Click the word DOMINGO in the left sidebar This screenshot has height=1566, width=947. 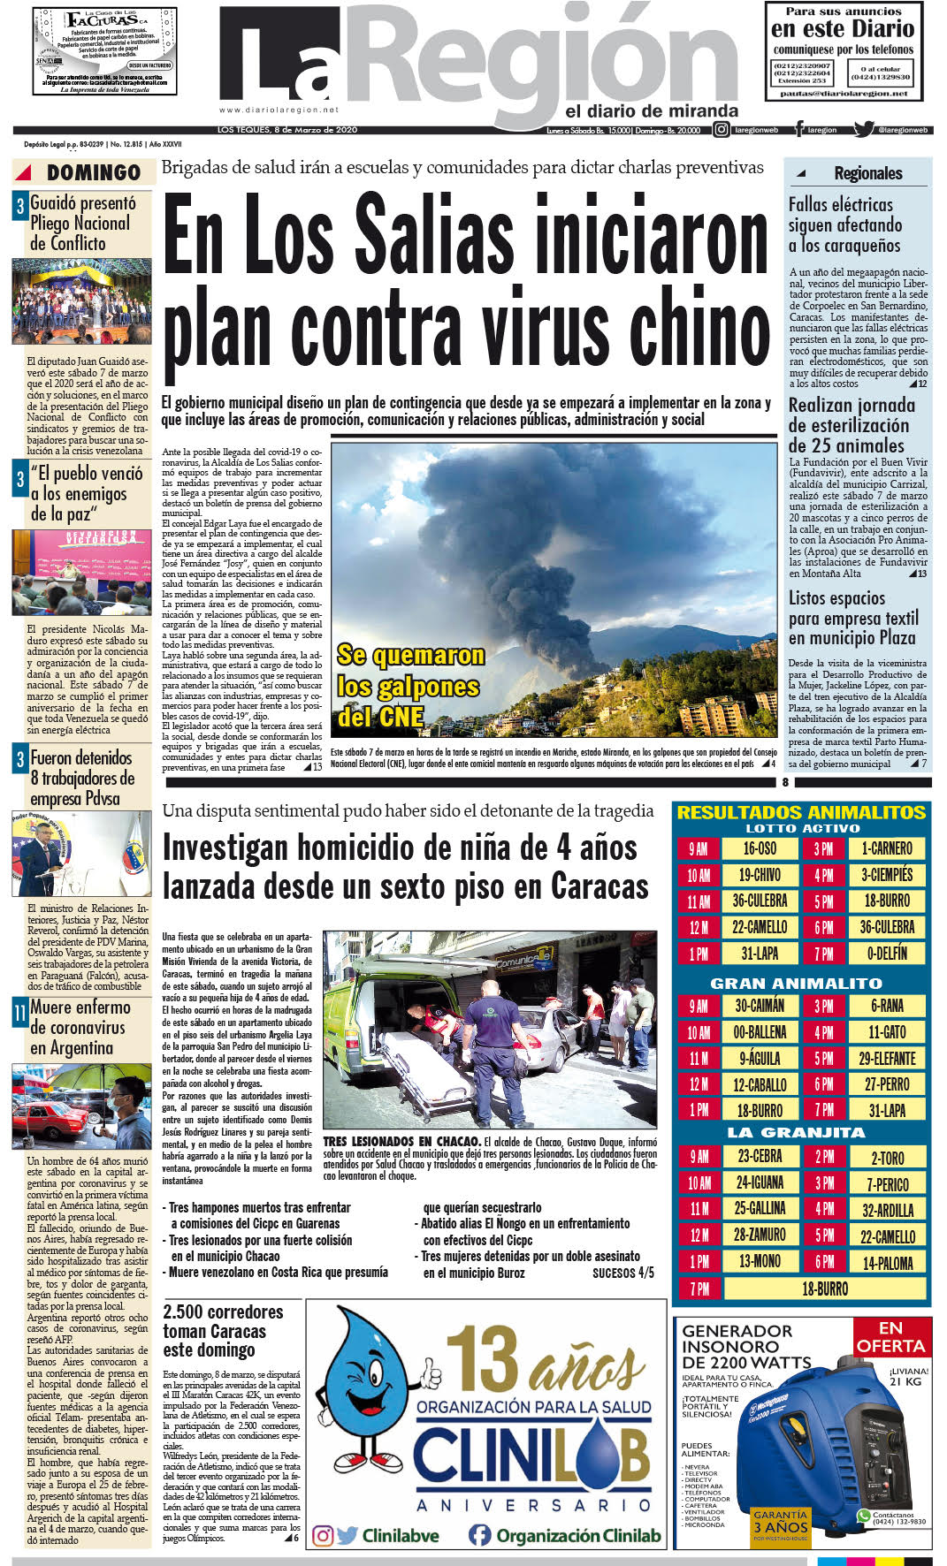point(94,173)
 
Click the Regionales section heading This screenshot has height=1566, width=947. point(867,173)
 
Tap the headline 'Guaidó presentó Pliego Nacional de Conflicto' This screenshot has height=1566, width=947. point(82,224)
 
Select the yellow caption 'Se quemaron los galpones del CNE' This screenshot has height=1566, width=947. point(409,686)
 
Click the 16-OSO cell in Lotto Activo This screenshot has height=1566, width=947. point(760,849)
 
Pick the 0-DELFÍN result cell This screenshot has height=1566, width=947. point(887,954)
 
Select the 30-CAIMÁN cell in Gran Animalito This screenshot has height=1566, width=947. point(760,1006)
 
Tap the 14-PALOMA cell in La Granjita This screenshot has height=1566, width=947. point(888,1263)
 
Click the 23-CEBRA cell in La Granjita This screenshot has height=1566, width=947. point(760,1157)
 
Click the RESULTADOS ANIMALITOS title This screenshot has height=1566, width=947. point(801,812)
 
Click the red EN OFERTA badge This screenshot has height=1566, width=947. point(890,1337)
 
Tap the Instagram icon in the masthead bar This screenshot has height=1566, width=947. point(722,130)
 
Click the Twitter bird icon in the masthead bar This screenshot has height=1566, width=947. point(863,130)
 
